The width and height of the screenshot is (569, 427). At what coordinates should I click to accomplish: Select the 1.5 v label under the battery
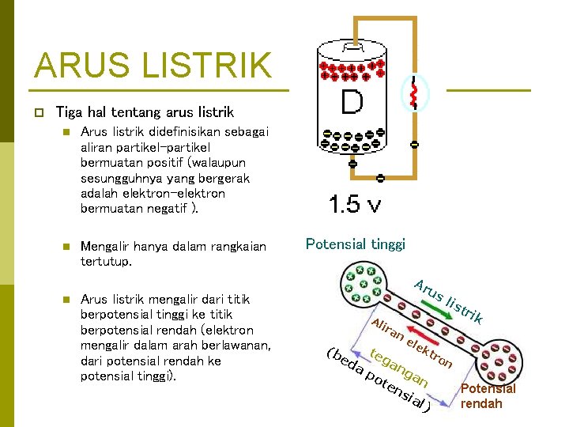(x=355, y=206)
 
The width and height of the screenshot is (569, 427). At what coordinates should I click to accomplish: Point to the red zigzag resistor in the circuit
(x=412, y=93)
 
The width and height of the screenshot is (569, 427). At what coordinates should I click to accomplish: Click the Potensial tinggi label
(x=355, y=244)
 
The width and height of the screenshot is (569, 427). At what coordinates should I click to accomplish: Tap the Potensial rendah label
(x=488, y=396)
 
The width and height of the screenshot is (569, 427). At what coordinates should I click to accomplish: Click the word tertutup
(x=106, y=261)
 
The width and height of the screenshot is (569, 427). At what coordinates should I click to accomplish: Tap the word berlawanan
(x=235, y=346)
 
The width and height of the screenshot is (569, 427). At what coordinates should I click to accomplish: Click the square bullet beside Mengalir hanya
(x=67, y=246)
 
